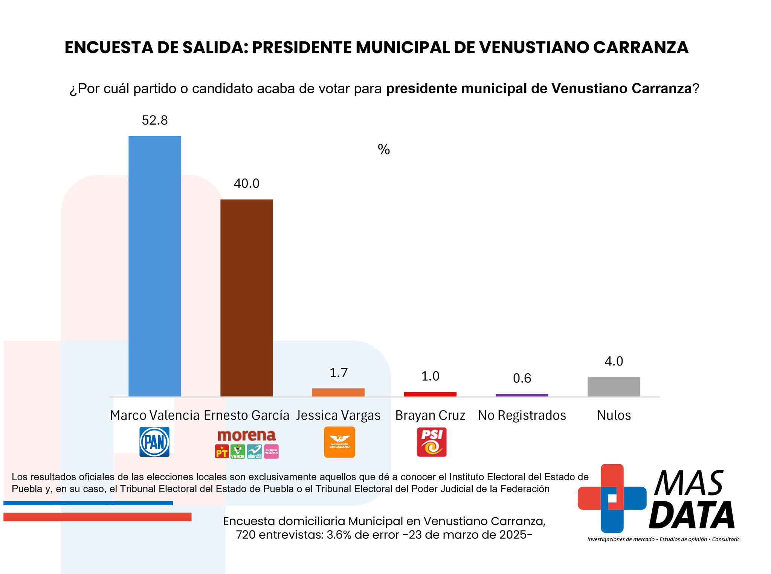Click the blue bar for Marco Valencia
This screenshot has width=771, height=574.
pos(154,266)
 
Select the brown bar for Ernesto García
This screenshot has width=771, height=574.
pos(246,297)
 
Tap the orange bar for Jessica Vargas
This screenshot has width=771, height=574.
pos(338,392)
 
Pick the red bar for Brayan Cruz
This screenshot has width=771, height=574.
pos(430,394)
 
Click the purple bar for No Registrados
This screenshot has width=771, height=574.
pos(522,395)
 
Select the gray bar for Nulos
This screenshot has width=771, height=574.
pos(614,387)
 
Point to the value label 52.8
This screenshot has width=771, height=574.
pos(154,120)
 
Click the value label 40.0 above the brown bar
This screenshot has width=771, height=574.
pos(246,183)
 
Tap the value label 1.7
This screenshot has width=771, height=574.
pos(338,373)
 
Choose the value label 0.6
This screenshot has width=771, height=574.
pos(522,378)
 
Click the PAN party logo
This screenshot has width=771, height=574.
pos(154,442)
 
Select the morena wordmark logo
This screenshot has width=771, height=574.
pos(247,435)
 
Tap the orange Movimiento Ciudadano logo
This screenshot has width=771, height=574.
pos(339,442)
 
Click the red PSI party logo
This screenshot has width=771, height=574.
pos(432,442)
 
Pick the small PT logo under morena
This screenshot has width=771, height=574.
pos(222,451)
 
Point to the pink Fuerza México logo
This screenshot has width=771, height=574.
pos(271,451)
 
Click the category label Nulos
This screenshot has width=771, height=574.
pos(614,415)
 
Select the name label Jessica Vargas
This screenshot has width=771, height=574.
pos(338,415)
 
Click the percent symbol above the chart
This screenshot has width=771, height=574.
pos(383,149)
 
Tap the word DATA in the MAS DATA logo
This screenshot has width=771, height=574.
pos(692,515)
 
